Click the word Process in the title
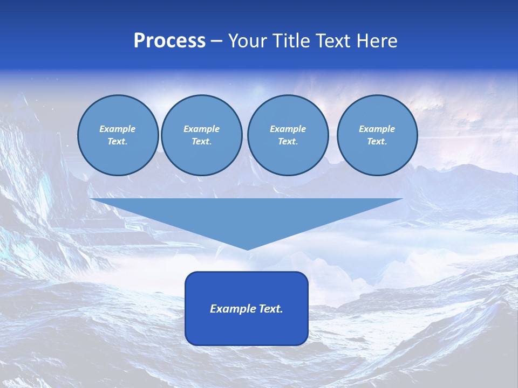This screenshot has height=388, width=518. tap(169, 41)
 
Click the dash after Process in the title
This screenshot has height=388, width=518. tap(217, 42)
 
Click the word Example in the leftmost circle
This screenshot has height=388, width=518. tap(118, 129)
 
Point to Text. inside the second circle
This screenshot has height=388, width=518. tap(201, 141)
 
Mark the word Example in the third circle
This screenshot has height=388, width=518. tap(288, 129)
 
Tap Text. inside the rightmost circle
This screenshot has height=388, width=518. tap(377, 141)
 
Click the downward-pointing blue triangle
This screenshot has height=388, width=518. tap(247, 216)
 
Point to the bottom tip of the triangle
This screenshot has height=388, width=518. tap(247, 248)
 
